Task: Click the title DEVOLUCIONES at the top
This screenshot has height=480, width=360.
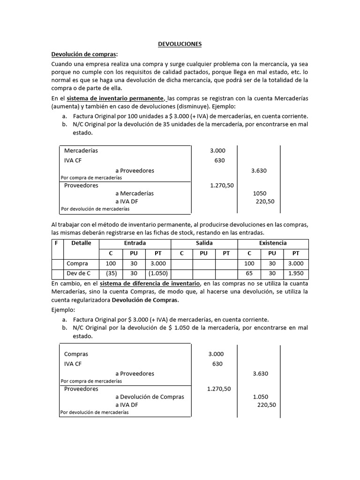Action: click(180, 44)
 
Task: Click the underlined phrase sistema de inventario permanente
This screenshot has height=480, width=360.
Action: click(115, 98)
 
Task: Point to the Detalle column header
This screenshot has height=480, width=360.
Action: click(81, 243)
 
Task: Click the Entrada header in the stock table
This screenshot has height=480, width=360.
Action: click(135, 243)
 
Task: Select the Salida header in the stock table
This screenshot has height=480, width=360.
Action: click(204, 243)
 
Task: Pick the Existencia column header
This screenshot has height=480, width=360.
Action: click(273, 243)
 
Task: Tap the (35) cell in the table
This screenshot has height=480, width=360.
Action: click(111, 273)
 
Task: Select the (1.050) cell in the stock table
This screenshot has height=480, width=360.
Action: click(157, 273)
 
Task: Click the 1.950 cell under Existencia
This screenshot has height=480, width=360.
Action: click(295, 273)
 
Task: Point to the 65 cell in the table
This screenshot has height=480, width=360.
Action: click(249, 273)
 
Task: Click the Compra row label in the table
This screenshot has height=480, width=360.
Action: click(77, 263)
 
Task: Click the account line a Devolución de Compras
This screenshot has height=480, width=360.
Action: click(150, 397)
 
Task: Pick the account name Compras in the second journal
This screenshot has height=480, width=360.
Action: click(76, 354)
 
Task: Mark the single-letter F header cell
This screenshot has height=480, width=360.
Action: click(56, 243)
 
